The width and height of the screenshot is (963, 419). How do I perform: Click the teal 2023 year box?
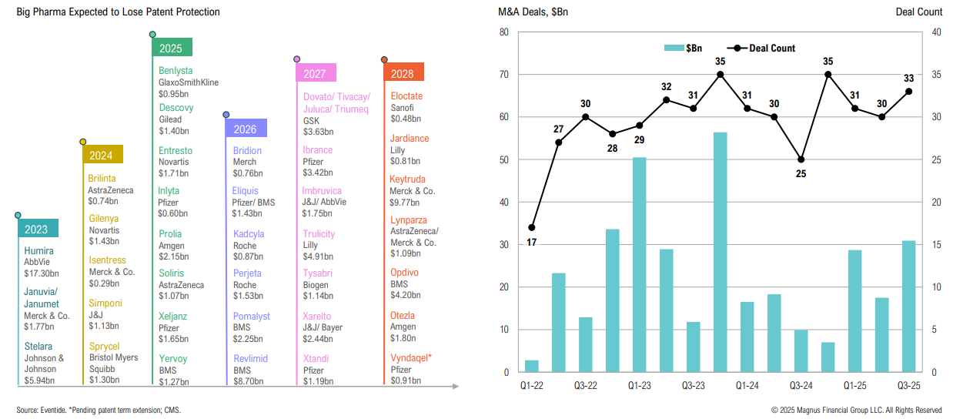(x=36, y=228)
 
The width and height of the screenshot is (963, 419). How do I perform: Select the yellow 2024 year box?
(x=101, y=155)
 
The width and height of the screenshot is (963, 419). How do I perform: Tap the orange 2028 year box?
(x=403, y=73)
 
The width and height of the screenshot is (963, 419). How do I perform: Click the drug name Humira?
(x=38, y=250)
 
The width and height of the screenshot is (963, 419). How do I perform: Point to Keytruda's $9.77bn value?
(x=406, y=203)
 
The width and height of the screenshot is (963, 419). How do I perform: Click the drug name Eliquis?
(x=246, y=190)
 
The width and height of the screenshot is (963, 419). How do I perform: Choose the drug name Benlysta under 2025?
(x=176, y=71)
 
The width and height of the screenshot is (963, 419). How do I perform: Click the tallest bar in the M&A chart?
(x=720, y=252)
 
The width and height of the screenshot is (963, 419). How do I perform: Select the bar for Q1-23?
(x=639, y=264)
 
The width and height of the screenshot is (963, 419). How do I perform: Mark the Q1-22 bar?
(x=532, y=366)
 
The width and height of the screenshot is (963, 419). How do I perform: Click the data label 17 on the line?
(x=532, y=243)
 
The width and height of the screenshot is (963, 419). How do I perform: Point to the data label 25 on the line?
(x=801, y=174)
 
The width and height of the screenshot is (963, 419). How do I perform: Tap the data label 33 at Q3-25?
(x=908, y=77)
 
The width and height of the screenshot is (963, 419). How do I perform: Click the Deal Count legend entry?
(x=771, y=48)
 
